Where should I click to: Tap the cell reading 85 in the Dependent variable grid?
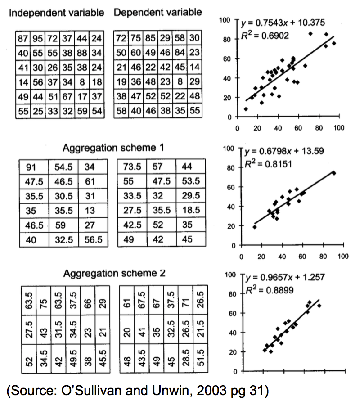(x=151, y=39)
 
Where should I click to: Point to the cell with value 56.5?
(x=94, y=240)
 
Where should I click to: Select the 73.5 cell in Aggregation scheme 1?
(x=132, y=167)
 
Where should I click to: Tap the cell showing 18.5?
(x=191, y=211)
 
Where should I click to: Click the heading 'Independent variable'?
(x=56, y=13)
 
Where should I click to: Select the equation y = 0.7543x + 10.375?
(x=283, y=23)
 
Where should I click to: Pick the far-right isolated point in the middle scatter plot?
(x=334, y=173)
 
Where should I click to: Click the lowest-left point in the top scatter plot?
(x=246, y=109)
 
